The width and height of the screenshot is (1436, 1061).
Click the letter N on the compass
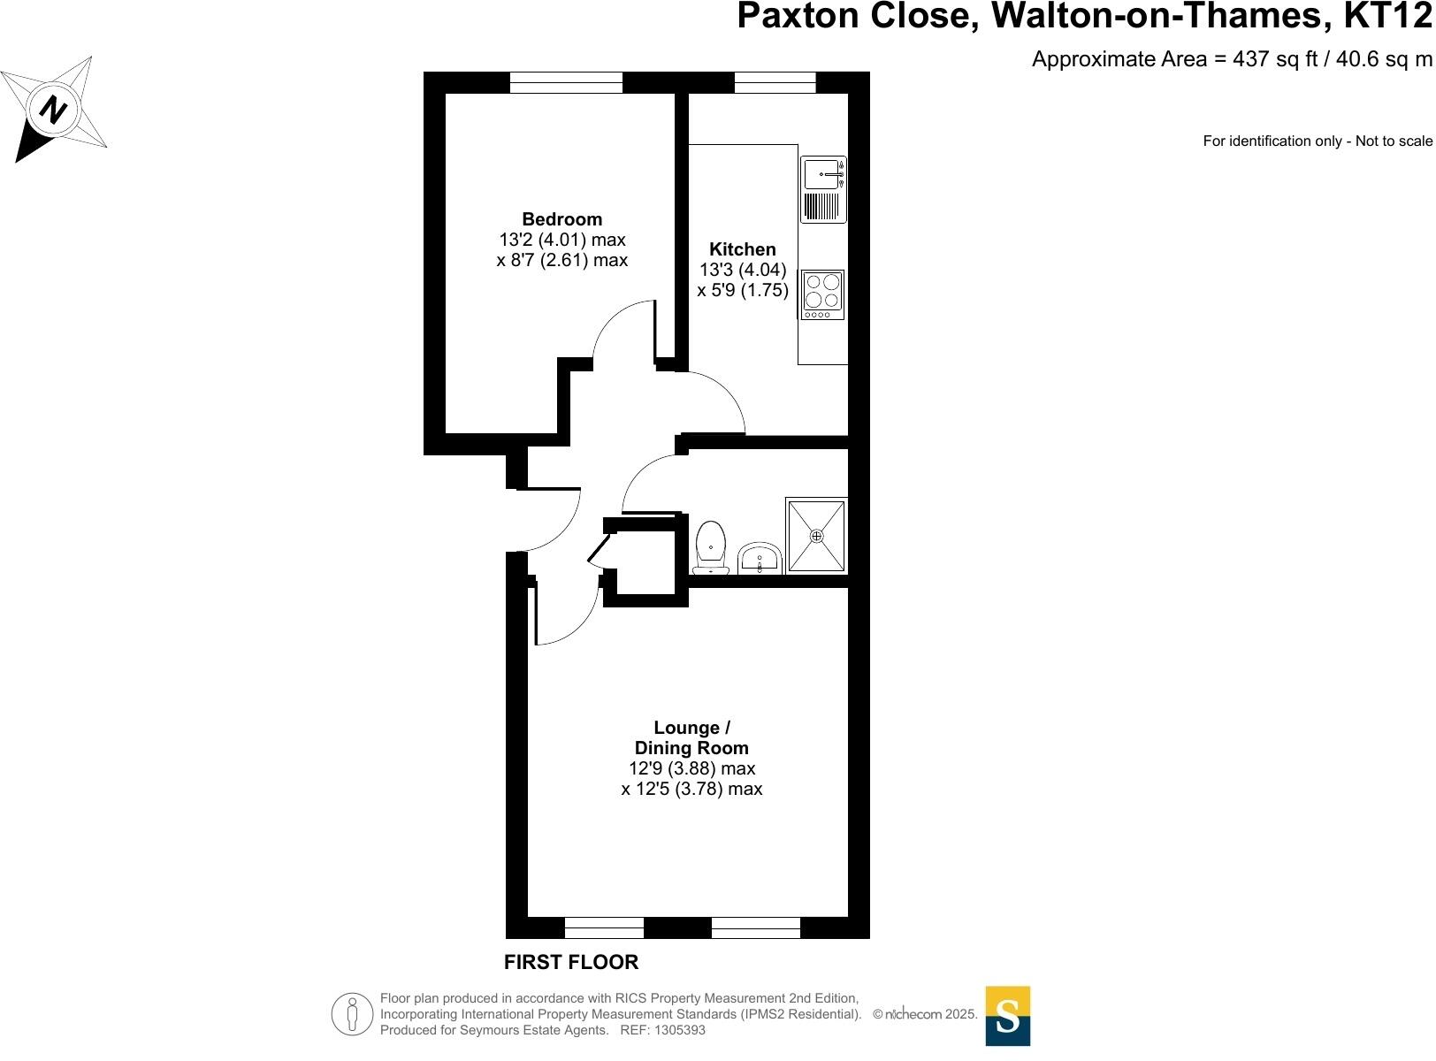[x=55, y=111]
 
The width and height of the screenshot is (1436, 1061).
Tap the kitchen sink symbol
[x=823, y=174]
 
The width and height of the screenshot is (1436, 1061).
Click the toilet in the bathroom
[x=711, y=548]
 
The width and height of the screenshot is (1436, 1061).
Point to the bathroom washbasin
[x=760, y=559]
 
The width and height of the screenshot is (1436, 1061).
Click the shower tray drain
[x=816, y=536]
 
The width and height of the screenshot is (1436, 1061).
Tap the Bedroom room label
[x=561, y=219]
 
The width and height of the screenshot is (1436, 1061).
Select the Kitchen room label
[x=742, y=249]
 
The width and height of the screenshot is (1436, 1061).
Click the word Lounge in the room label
[x=686, y=728]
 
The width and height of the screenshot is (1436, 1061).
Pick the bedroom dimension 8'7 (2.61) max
[x=561, y=260]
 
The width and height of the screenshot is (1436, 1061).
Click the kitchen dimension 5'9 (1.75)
[x=742, y=290]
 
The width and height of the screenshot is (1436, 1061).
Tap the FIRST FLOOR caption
[x=570, y=962]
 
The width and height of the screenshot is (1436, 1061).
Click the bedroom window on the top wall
[x=566, y=83]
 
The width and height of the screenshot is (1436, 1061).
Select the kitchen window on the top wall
[x=775, y=83]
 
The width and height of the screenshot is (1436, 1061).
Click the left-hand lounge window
[x=604, y=927]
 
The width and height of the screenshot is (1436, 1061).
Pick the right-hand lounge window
[x=755, y=927]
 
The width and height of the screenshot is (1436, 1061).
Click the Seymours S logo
[x=1007, y=1016]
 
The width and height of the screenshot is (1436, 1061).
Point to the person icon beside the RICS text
[x=353, y=1014]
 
